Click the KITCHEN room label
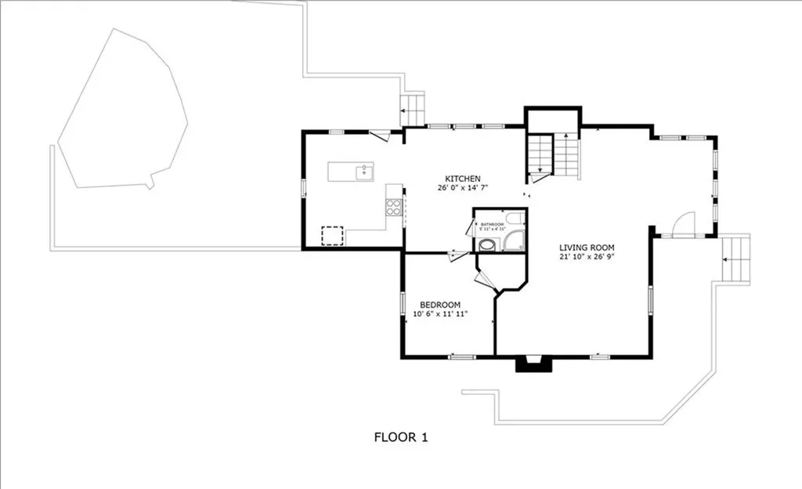pyautogui.click(x=463, y=178)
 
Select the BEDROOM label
pyautogui.click(x=439, y=305)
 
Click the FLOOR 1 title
pyautogui.click(x=400, y=437)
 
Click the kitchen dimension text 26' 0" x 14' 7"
pyautogui.click(x=464, y=188)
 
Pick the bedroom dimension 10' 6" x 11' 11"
pyautogui.click(x=439, y=315)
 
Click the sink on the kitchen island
pyautogui.click(x=363, y=172)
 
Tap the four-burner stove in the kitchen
pyautogui.click(x=393, y=207)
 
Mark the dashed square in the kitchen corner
pyautogui.click(x=332, y=235)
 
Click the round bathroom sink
pyautogui.click(x=486, y=244)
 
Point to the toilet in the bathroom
pyautogui.click(x=515, y=219)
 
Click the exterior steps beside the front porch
pyautogui.click(x=735, y=250)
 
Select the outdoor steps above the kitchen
pyautogui.click(x=412, y=110)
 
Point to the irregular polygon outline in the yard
pyautogui.click(x=121, y=114)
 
